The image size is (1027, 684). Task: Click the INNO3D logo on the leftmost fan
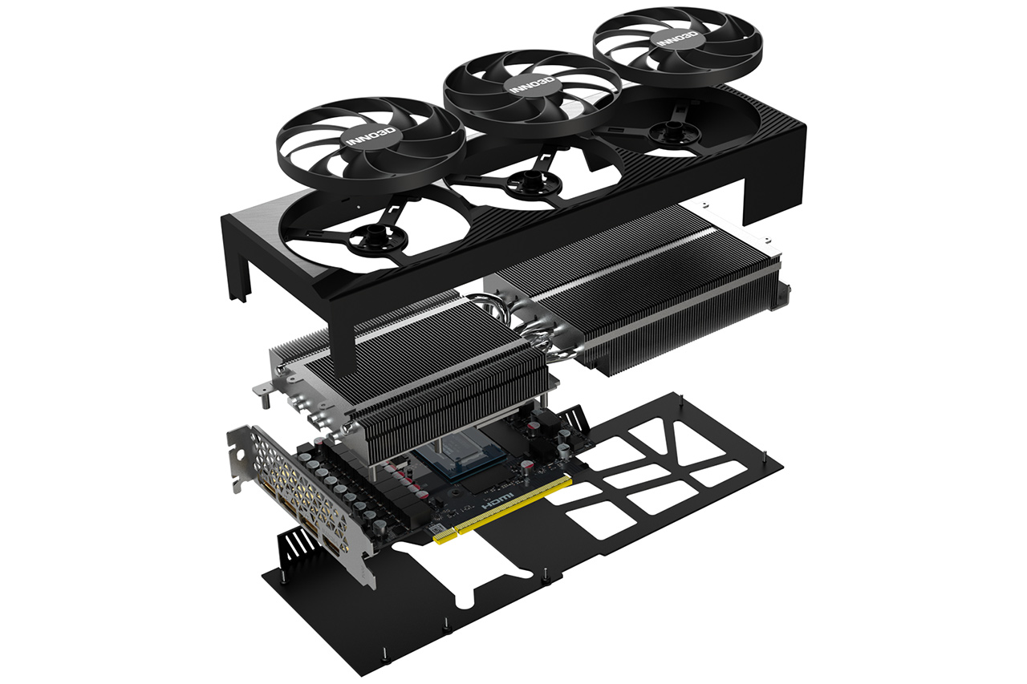tap(371, 136)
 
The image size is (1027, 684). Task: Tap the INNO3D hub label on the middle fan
tap(532, 85)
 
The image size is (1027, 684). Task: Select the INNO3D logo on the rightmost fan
tap(678, 38)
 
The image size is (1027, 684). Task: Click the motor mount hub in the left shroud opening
tap(378, 238)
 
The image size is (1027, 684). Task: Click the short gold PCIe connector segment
tap(444, 536)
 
